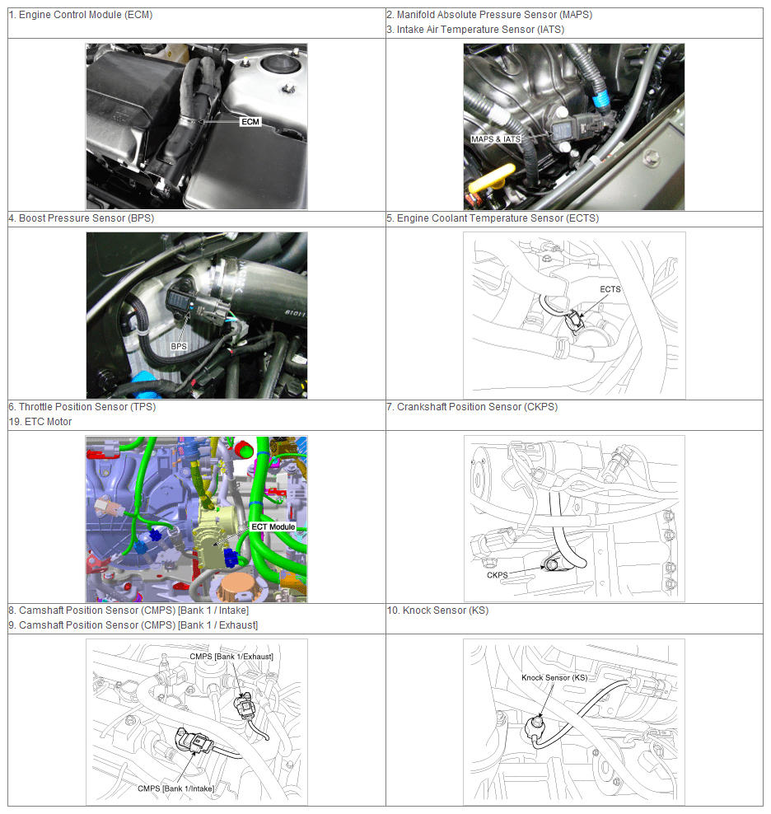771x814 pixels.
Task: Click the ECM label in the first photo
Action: point(250,121)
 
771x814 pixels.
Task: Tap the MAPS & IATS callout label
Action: point(496,139)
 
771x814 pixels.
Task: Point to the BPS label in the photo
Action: point(179,346)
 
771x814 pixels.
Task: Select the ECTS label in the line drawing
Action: point(610,289)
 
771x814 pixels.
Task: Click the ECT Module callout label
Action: point(273,526)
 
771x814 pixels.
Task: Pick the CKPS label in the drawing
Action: point(497,575)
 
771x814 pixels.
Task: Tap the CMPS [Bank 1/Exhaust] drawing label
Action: point(231,656)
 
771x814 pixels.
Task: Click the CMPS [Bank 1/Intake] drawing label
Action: point(175,788)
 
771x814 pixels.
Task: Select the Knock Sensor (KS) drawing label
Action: point(554,677)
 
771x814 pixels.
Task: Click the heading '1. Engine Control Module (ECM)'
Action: point(81,15)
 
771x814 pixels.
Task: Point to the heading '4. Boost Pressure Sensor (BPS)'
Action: point(82,218)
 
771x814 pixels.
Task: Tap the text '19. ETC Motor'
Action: point(40,422)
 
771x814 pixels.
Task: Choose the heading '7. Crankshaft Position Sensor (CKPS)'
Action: point(472,406)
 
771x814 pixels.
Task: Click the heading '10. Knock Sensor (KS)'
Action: point(437,610)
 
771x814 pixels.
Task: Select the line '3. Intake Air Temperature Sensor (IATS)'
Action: point(475,30)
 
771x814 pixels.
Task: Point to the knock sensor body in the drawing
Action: point(535,727)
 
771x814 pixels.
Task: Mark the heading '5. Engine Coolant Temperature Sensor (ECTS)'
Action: point(493,218)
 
